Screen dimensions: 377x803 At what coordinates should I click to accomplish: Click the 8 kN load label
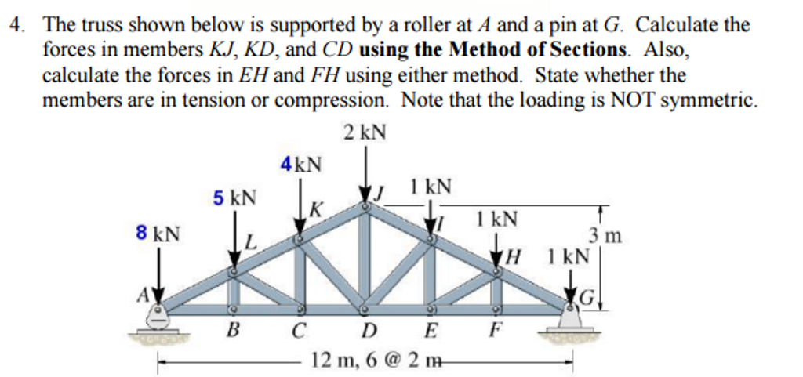(x=157, y=234)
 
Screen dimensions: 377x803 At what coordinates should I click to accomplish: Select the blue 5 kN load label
(x=234, y=198)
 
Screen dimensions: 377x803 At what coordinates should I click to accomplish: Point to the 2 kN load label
(x=365, y=132)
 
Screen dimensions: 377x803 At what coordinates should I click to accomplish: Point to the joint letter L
(x=250, y=243)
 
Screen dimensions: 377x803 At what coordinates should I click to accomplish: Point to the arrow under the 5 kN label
(x=234, y=239)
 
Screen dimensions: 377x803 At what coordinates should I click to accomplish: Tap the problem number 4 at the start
(x=14, y=25)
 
